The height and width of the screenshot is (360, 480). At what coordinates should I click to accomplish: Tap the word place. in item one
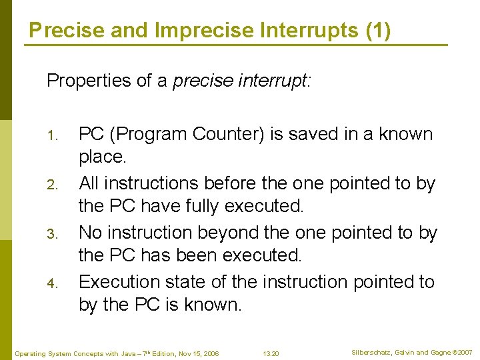point(102,157)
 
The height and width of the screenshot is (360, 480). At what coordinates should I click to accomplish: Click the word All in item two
point(90,183)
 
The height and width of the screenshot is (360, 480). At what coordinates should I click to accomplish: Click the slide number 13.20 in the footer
point(271,353)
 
